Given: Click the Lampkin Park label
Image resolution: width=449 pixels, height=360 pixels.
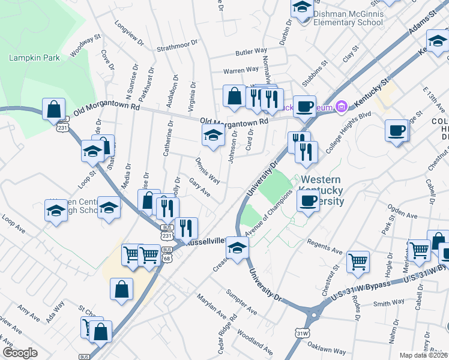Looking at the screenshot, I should (x=25, y=58).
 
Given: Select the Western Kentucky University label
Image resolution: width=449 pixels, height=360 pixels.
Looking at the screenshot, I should (x=322, y=190).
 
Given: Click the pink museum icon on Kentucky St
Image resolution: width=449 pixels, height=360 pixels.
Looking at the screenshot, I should (x=342, y=106).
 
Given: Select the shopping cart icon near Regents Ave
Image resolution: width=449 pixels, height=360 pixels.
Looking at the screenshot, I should (x=358, y=260).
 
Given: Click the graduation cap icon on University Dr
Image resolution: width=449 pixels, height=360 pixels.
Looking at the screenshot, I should (x=237, y=247).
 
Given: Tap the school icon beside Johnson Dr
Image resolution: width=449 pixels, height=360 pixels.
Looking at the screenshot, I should (x=212, y=135).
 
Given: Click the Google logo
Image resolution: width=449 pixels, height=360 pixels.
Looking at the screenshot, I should (x=20, y=353).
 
